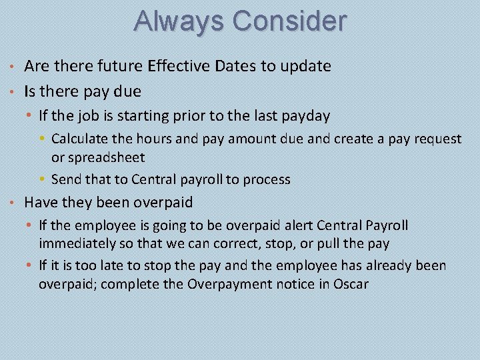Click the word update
click(307, 67)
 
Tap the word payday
click(305, 116)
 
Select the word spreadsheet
click(107, 157)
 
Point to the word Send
click(65, 179)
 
